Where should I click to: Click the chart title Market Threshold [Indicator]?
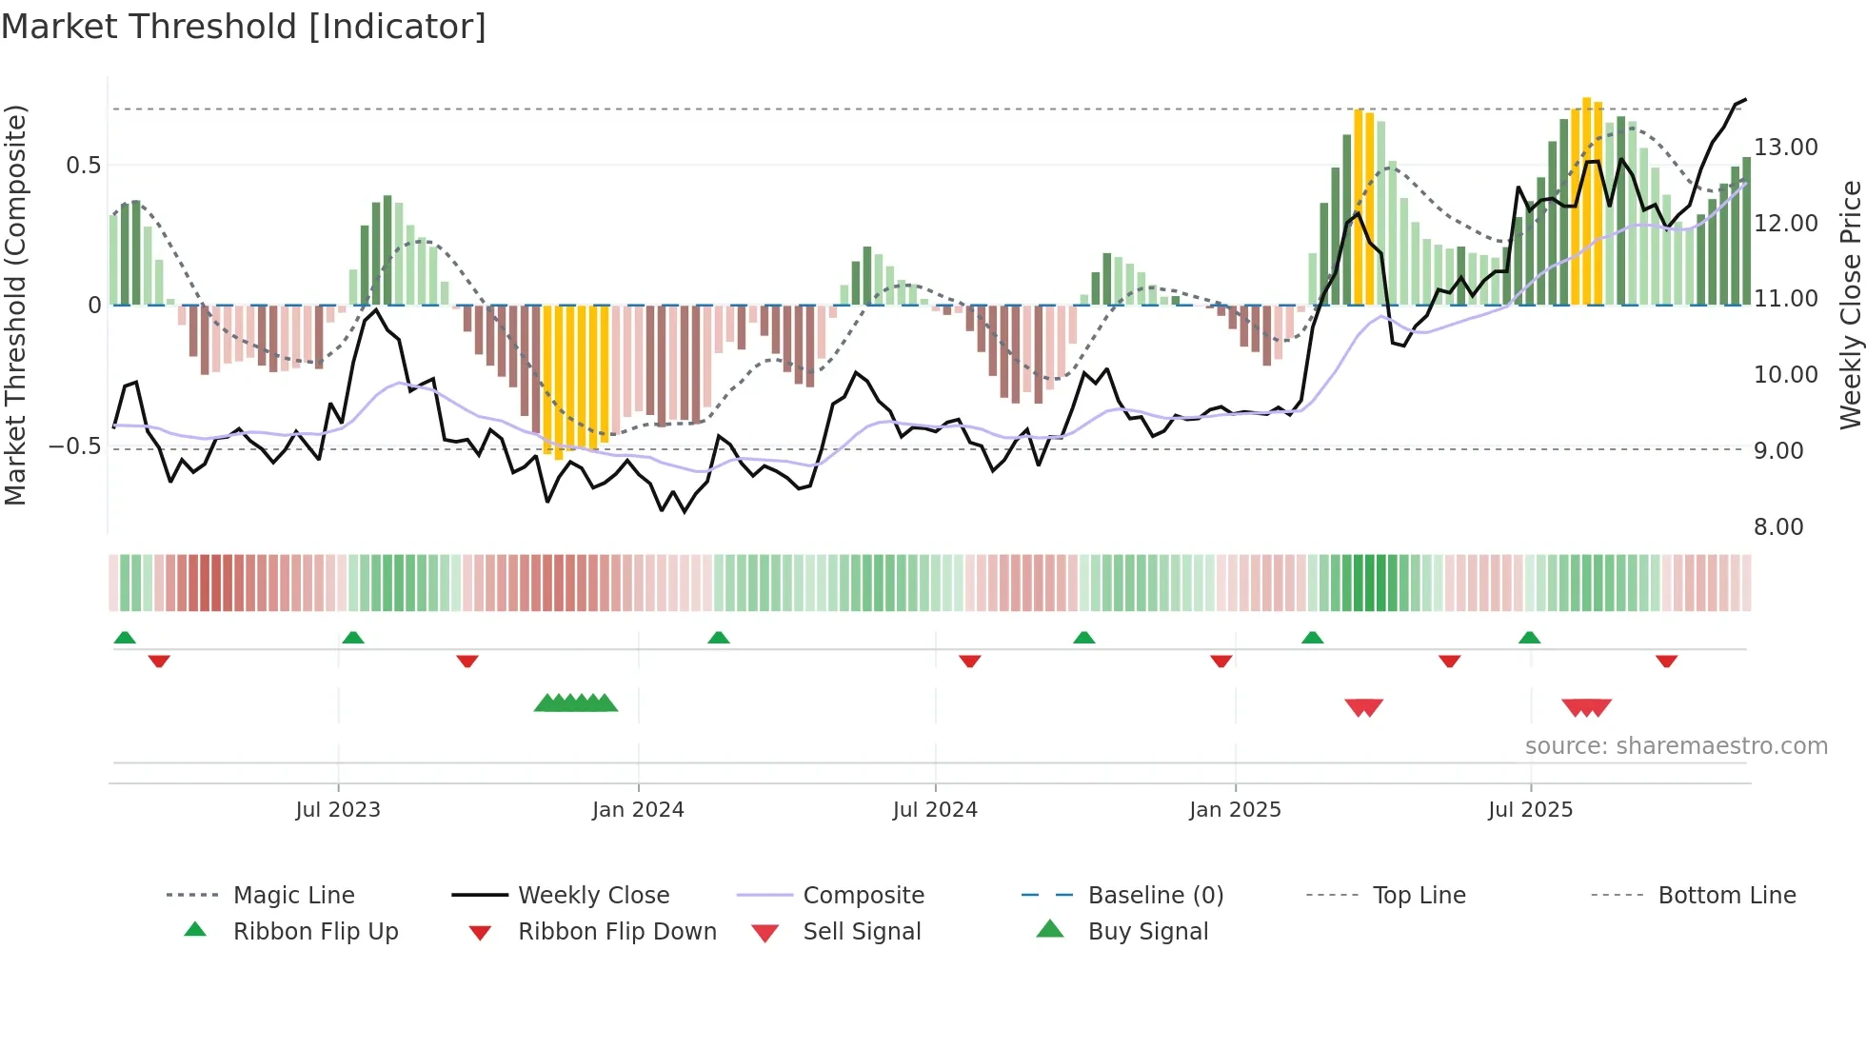pyautogui.click(x=244, y=27)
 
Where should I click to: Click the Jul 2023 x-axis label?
pyautogui.click(x=338, y=810)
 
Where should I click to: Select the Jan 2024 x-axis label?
pyautogui.click(x=638, y=810)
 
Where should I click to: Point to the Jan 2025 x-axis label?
pyautogui.click(x=1235, y=810)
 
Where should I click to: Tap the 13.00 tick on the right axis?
pyautogui.click(x=1786, y=148)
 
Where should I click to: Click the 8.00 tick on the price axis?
pyautogui.click(x=1778, y=527)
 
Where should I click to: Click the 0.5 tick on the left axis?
pyautogui.click(x=83, y=166)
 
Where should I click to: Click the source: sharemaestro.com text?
pyautogui.click(x=1676, y=746)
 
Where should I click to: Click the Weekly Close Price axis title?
pyautogui.click(x=1850, y=305)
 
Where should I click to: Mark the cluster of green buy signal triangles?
pyautogui.click(x=576, y=703)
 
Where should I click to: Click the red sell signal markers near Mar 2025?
pyautogui.click(x=1363, y=707)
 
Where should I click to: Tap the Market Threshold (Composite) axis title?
pyautogui.click(x=15, y=305)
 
